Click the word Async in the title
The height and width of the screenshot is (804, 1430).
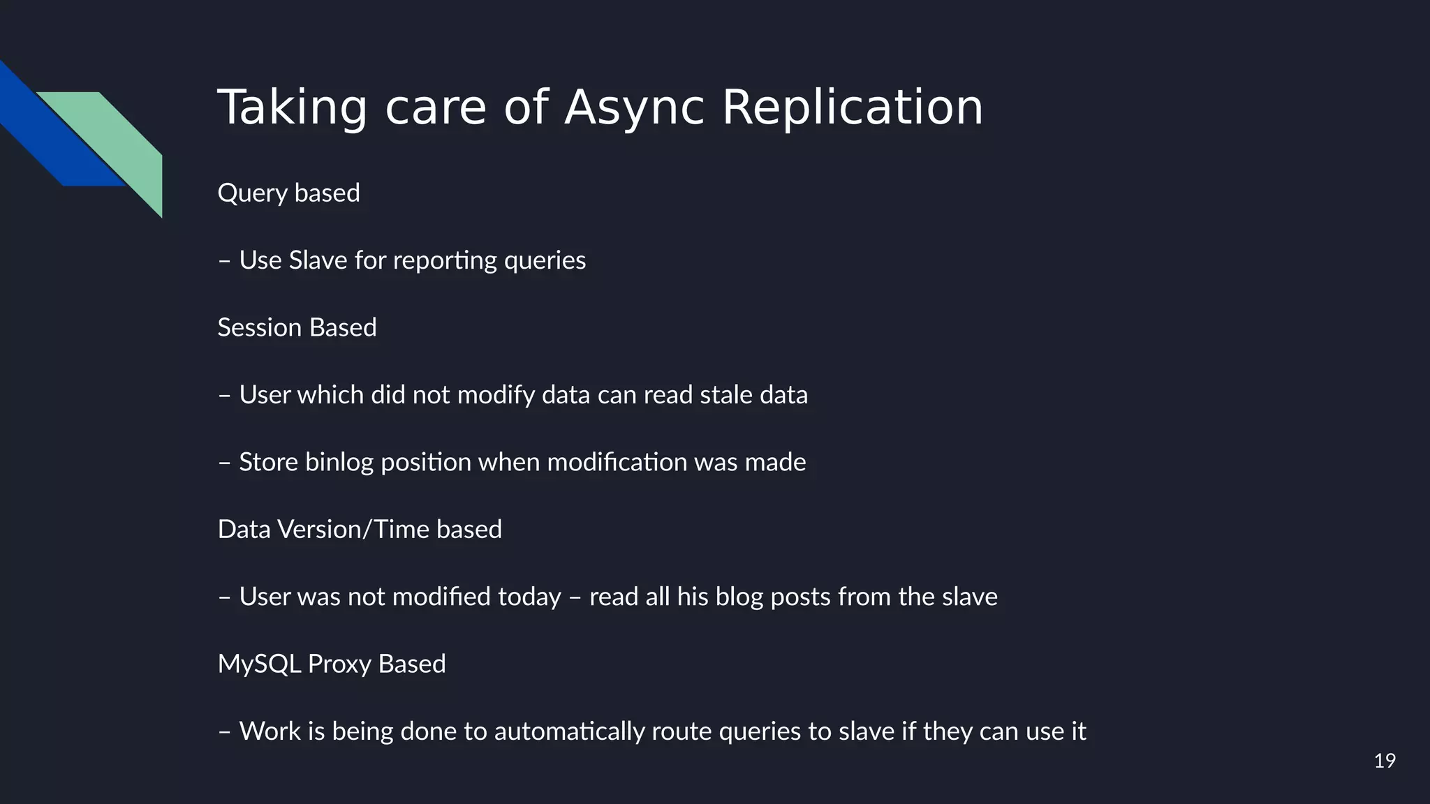[634, 108]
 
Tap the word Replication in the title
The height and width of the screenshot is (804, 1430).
[852, 108]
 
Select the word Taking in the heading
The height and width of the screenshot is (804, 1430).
[292, 108]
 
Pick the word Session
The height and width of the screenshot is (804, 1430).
[259, 327]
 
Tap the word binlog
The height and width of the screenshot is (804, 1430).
[339, 463]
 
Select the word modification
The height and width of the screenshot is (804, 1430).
[617, 462]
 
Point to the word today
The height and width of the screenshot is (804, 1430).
[529, 597]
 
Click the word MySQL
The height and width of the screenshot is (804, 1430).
[259, 664]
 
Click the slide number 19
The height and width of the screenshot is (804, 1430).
[1384, 761]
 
